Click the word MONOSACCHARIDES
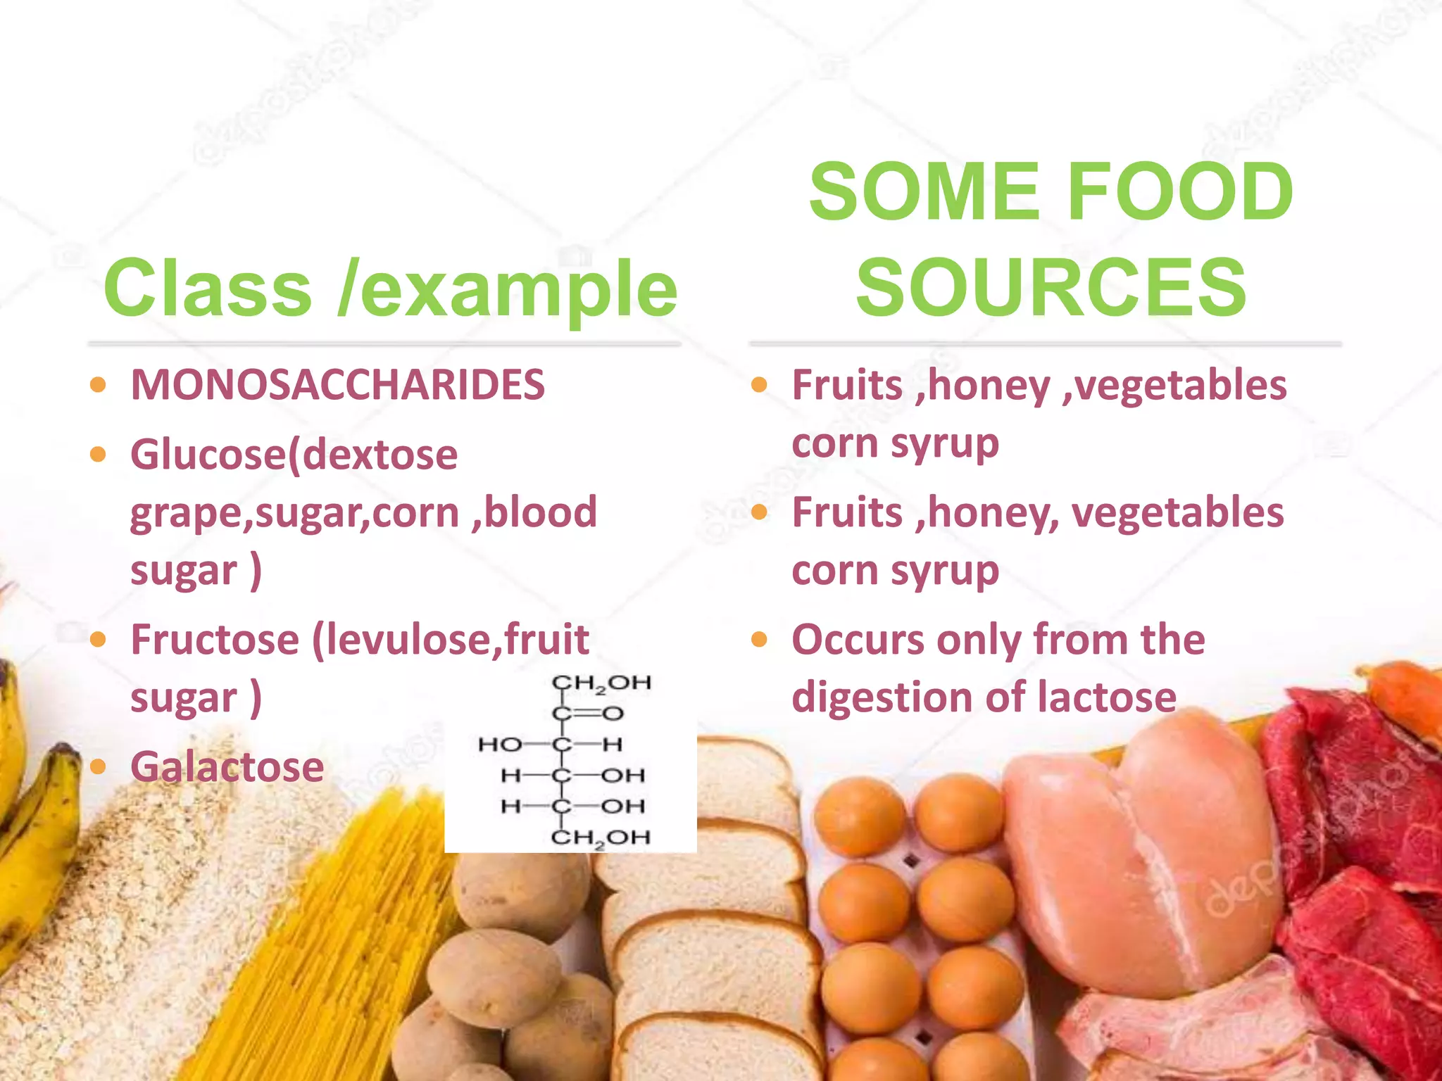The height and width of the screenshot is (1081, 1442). (338, 385)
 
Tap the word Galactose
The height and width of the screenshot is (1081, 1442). (227, 766)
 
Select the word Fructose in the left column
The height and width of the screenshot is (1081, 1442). (215, 640)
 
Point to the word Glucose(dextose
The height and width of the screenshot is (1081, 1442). (294, 455)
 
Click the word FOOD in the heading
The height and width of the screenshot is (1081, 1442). (1180, 191)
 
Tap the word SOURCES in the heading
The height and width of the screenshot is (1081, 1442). (1051, 287)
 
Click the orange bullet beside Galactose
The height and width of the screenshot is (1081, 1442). (99, 766)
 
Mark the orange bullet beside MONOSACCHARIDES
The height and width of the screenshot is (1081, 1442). (99, 385)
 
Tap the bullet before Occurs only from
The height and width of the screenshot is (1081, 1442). (759, 640)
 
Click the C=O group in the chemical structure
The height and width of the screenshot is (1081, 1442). (589, 714)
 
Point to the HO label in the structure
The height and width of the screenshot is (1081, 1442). (500, 745)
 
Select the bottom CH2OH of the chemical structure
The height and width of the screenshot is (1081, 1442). (600, 837)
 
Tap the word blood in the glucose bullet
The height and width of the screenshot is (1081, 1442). (540, 512)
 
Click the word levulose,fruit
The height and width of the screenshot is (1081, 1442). (451, 640)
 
